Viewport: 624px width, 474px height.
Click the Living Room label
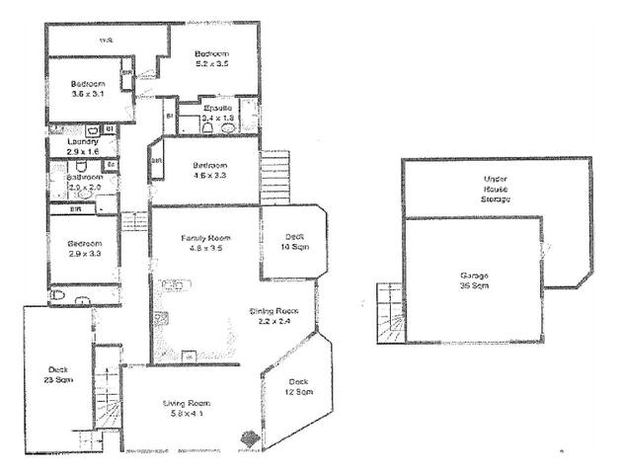(187, 408)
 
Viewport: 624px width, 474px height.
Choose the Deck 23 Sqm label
(52, 376)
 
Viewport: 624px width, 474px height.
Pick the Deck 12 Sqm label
(299, 387)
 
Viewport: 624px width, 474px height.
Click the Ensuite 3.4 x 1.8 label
(216, 112)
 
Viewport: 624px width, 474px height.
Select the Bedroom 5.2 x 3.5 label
(211, 58)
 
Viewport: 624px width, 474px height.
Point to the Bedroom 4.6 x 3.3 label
(209, 170)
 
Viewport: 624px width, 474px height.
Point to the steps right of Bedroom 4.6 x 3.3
(275, 177)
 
